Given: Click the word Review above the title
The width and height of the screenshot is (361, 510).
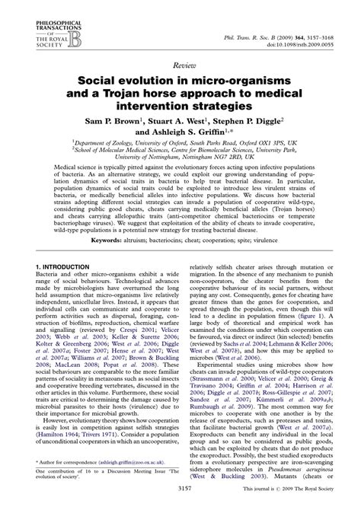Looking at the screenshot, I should pyautogui.click(x=180, y=66).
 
